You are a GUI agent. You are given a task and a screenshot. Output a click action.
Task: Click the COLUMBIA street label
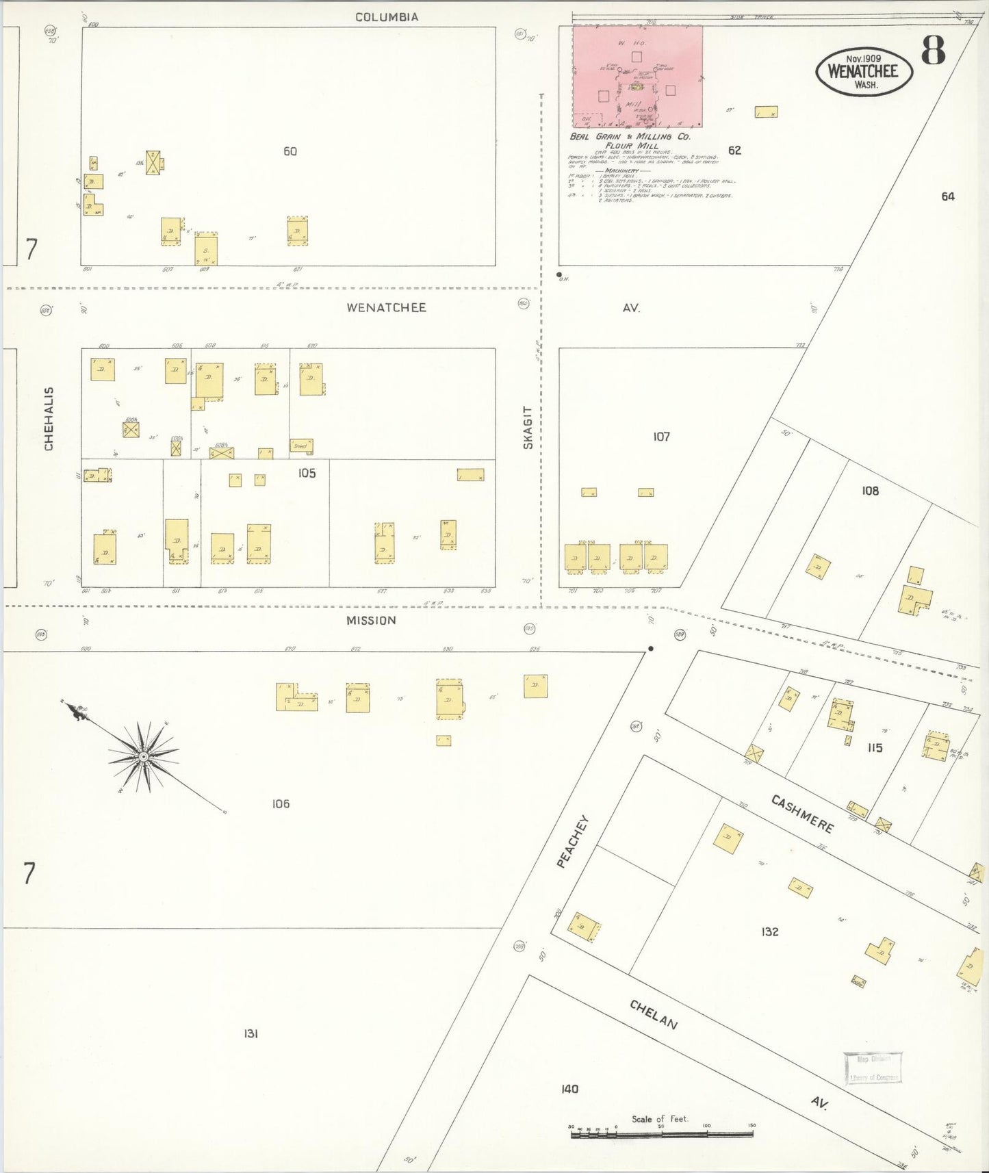[x=386, y=17]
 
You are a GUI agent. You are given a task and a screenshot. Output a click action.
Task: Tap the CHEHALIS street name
[x=49, y=419]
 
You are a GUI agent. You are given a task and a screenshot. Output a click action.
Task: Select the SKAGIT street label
[x=528, y=428]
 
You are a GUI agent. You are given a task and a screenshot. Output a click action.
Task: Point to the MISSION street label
[x=371, y=621]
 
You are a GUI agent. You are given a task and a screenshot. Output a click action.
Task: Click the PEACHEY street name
[x=572, y=842]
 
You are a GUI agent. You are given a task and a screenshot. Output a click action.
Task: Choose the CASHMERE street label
[x=802, y=813]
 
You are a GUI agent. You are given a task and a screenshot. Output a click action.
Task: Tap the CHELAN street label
[x=654, y=1014]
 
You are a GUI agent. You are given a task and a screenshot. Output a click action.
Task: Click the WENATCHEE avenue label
[x=386, y=308]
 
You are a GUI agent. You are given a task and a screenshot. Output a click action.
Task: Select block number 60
[x=290, y=151]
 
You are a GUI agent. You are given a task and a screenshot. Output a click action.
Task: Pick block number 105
[x=307, y=473]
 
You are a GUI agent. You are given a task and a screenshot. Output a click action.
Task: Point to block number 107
[x=661, y=437]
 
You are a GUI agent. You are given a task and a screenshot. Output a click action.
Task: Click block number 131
[x=251, y=1033]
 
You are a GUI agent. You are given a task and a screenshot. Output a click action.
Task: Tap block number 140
[x=569, y=1089]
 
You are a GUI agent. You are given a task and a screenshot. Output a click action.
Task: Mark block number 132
[x=770, y=931]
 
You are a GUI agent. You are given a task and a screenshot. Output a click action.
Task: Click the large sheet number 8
[x=933, y=51]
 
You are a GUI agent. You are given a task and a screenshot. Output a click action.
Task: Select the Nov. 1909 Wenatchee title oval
[x=864, y=71]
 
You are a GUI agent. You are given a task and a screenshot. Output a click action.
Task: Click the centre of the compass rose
[x=143, y=757]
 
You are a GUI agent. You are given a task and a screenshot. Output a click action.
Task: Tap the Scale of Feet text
[x=659, y=1119]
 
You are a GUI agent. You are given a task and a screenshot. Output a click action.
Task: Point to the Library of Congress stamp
[x=873, y=1068]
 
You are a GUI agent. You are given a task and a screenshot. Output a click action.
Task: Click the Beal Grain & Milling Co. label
[x=630, y=137]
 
